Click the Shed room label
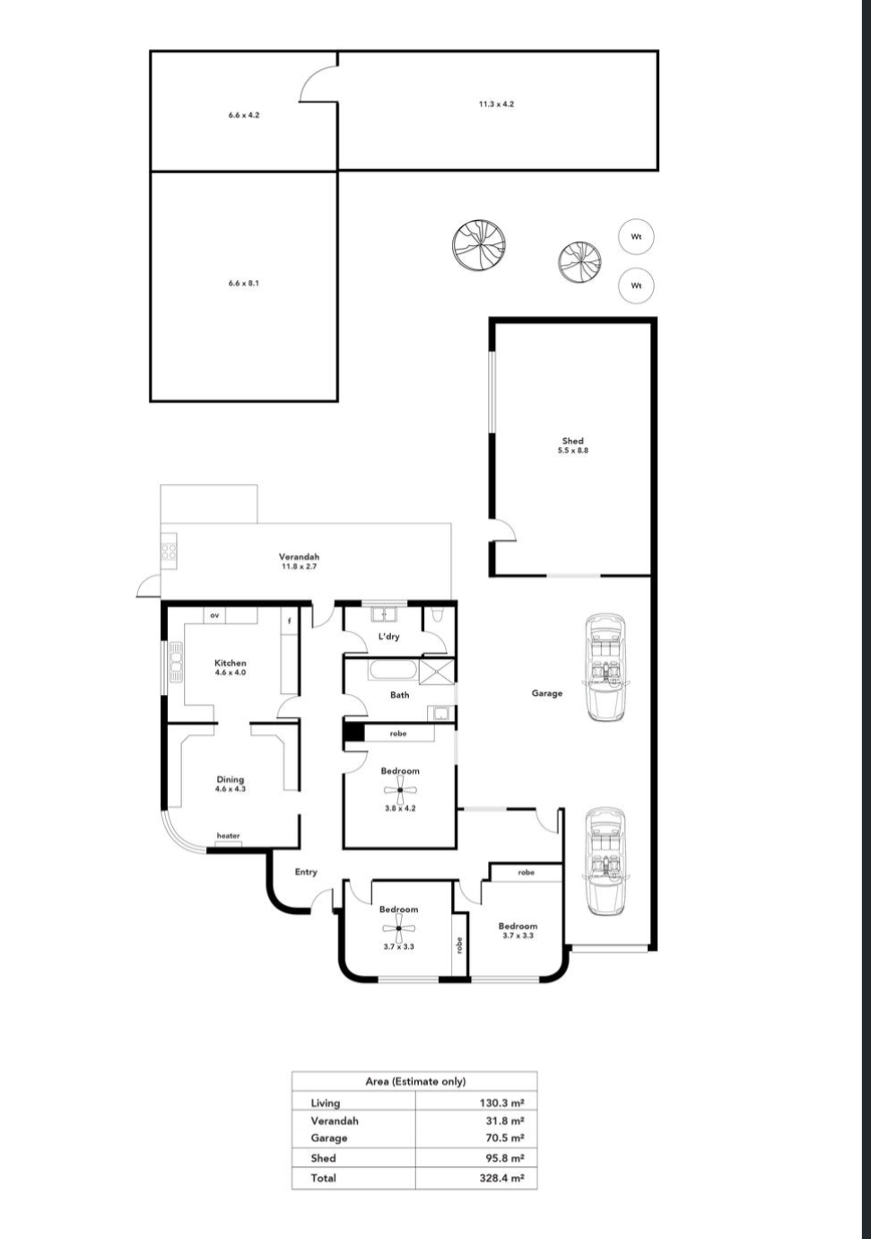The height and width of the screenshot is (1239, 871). [572, 441]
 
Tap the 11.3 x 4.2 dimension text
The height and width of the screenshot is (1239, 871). [496, 103]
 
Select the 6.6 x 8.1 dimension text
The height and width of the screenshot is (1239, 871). [244, 283]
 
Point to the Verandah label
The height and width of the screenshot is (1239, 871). [299, 557]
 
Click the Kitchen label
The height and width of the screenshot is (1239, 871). [231, 663]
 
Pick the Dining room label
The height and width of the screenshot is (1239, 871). [231, 779]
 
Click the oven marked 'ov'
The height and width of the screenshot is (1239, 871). [214, 615]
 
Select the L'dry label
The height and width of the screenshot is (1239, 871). [388, 636]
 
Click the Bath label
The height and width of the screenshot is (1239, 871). [399, 695]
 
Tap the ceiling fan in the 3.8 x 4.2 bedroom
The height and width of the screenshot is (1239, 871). [400, 789]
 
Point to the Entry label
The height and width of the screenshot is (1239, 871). [306, 872]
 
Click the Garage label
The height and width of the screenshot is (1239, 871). [547, 692]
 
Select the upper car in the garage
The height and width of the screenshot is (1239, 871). [605, 667]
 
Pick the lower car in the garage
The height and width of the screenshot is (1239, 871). [605, 861]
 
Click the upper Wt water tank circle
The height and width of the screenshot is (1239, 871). [636, 237]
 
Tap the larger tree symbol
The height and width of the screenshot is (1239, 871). [479, 245]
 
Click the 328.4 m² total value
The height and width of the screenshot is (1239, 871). [501, 1178]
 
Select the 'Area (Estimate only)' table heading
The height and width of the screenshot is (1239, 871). [415, 1081]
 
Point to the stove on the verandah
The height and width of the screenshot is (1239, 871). [169, 551]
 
